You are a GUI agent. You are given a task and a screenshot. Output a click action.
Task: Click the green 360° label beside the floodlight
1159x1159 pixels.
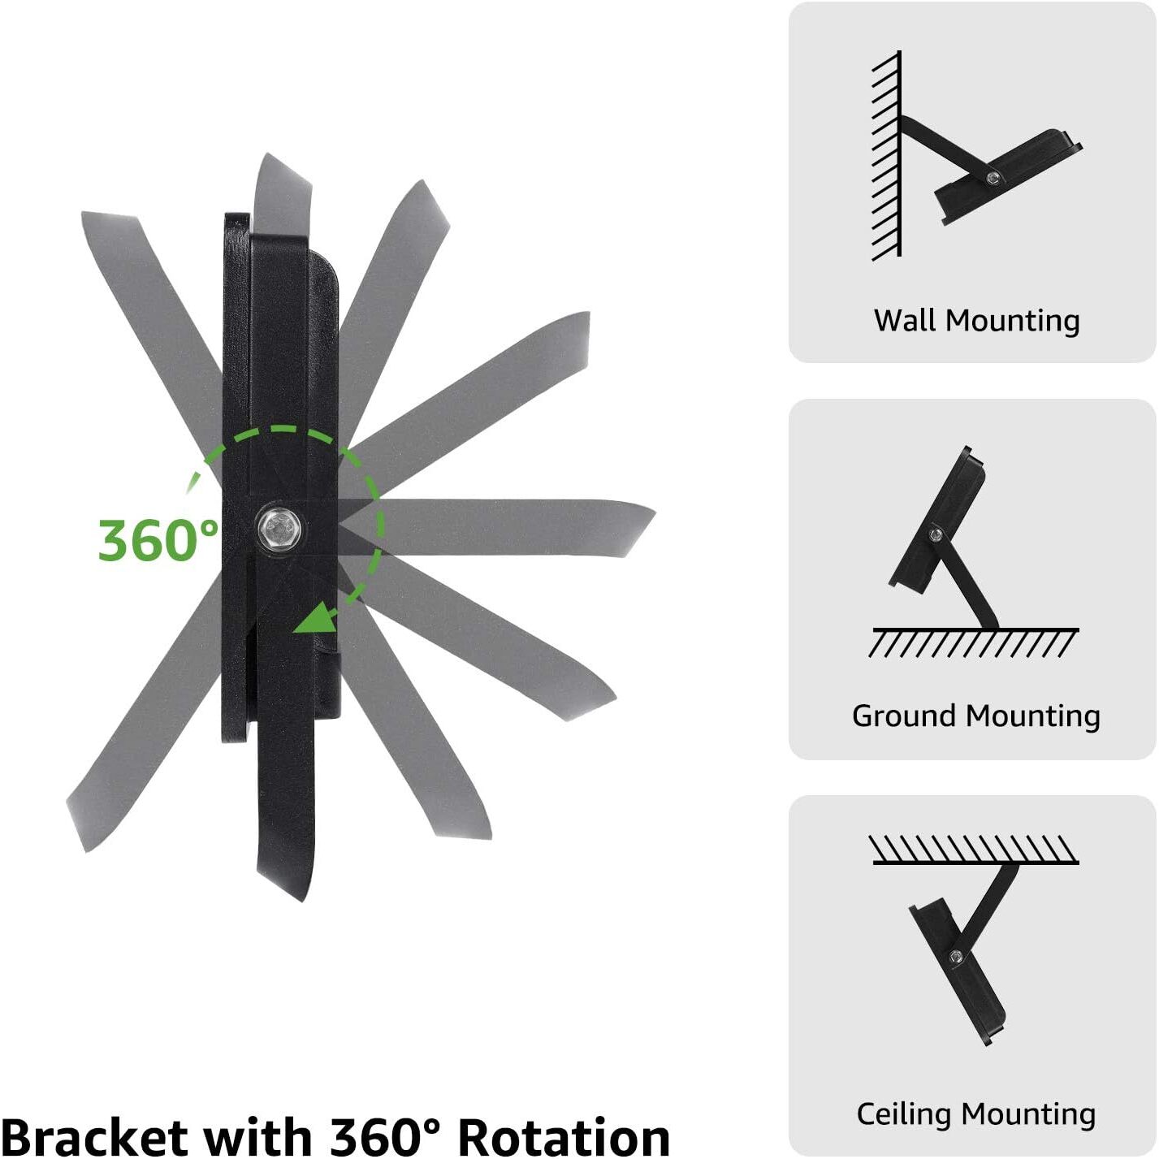(158, 540)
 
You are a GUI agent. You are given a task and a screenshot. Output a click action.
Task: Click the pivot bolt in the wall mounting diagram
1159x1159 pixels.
(993, 177)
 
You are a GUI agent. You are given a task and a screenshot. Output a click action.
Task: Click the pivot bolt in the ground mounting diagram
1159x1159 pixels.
(936, 534)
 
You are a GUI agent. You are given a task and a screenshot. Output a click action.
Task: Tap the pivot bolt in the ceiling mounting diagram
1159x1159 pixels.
(955, 956)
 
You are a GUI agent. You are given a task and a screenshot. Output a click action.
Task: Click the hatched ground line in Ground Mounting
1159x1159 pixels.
(973, 642)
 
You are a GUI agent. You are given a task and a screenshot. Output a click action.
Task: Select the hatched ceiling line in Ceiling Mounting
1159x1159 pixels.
(973, 850)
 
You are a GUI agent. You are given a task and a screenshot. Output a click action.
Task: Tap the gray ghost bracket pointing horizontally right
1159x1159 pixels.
(499, 526)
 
